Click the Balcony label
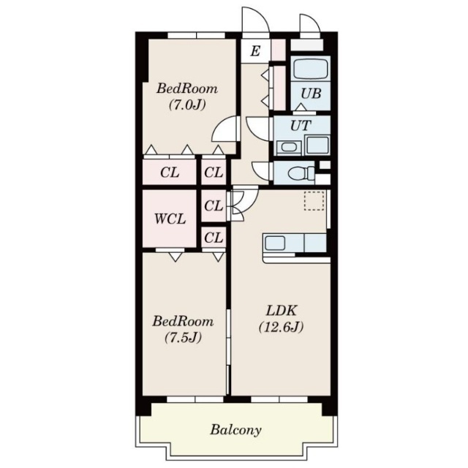235,430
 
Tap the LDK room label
281,311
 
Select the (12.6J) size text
281,327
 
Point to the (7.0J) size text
187,105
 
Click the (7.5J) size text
183,338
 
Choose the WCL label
170,219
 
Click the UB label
311,94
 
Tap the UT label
301,126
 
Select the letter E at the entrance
255,51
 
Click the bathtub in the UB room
310,69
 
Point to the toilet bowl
300,173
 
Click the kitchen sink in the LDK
275,243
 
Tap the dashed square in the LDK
314,201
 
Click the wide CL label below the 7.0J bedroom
170,173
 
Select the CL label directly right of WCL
214,206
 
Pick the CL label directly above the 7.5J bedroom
214,238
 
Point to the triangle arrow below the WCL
175,257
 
